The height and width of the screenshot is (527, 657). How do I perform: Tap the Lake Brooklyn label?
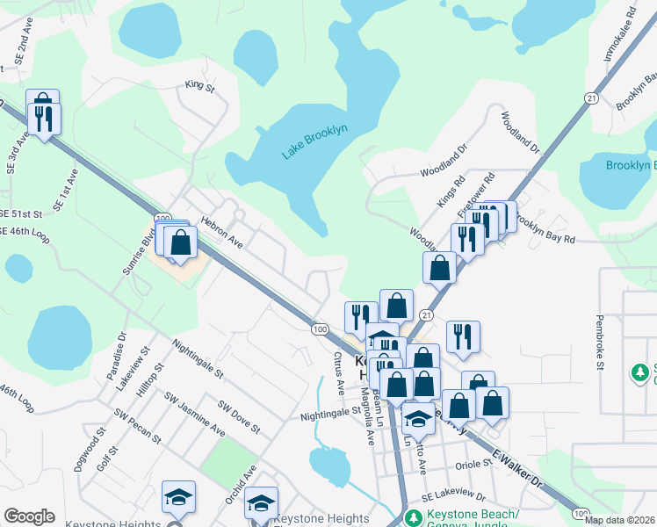tap(314, 141)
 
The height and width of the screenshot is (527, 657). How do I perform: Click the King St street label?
tap(199, 86)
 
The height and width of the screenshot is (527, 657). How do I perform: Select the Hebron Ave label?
tap(221, 231)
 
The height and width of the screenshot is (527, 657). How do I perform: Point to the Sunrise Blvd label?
tap(139, 252)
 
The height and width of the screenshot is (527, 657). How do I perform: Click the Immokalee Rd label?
tap(618, 35)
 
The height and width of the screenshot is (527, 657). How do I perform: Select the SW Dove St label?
tap(238, 418)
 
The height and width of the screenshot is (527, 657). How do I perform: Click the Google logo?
tap(29, 516)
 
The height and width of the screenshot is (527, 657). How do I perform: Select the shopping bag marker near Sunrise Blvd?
tap(180, 242)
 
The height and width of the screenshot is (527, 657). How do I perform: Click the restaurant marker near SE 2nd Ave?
tap(43, 118)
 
